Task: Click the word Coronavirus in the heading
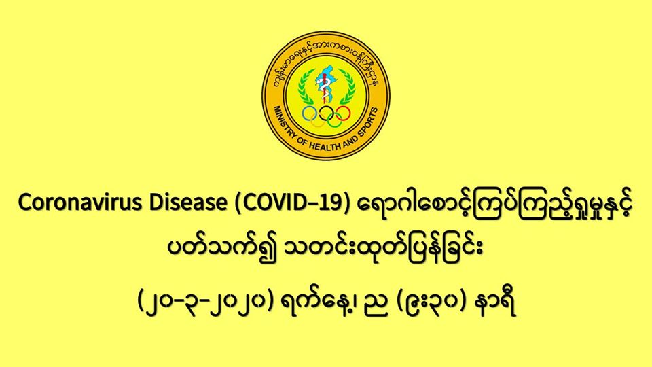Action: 77,203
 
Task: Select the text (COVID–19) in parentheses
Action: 291,203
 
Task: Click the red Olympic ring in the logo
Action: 342,113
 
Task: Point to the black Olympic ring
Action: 327,113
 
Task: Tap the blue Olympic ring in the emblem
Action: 310,113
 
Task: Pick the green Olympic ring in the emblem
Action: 334,121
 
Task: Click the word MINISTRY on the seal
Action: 287,123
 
